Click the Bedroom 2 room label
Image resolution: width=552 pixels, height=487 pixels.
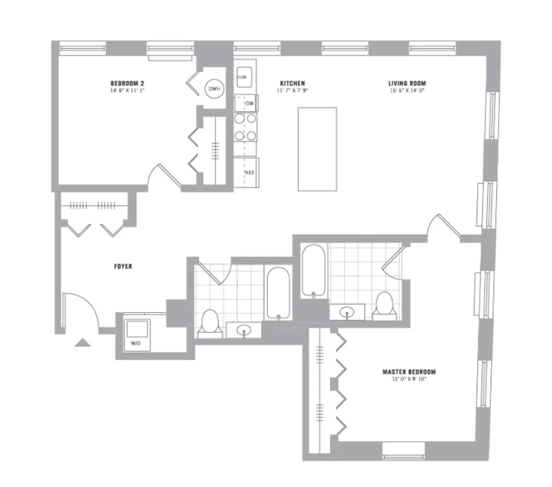point(127,83)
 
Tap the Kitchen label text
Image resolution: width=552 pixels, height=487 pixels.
point(292,83)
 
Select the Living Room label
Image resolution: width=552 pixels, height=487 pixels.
point(407,83)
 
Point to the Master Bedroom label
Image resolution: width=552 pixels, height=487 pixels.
point(409,372)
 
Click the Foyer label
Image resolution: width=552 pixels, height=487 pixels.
point(123,266)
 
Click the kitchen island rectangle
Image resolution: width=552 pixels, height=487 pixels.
point(317,149)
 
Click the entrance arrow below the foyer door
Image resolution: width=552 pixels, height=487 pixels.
point(82,343)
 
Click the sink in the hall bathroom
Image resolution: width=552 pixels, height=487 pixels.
point(244,331)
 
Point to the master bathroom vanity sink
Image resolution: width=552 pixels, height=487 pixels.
point(347,312)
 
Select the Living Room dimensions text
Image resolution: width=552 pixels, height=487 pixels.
point(407,90)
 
